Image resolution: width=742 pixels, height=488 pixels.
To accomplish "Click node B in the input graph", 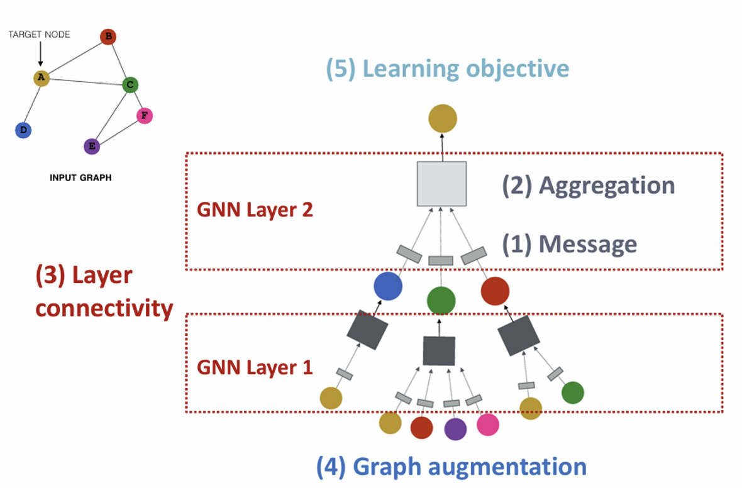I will [x=108, y=37].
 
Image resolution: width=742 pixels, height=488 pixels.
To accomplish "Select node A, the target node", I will [x=41, y=78].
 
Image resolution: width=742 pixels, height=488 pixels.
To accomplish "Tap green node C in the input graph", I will [x=130, y=84].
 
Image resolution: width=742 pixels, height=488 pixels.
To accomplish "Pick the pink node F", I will [x=145, y=116].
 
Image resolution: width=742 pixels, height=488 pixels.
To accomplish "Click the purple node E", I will [x=92, y=147].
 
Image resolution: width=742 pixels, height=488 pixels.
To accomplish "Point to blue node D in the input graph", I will [x=23, y=130].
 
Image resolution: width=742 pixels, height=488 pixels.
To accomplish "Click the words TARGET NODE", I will [x=39, y=35].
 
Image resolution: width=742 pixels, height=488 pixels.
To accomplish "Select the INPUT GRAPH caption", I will [x=80, y=178].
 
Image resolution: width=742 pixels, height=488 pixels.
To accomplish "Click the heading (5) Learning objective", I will [x=447, y=69].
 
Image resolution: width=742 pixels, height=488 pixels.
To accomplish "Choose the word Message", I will [x=587, y=244].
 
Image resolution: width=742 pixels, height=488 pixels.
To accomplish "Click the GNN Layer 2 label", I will [x=255, y=209].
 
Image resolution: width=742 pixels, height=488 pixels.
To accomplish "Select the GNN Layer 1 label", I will [x=255, y=367].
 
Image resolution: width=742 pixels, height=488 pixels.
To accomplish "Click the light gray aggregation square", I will [x=441, y=184].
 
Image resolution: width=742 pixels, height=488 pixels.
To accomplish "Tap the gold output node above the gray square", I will [x=443, y=118].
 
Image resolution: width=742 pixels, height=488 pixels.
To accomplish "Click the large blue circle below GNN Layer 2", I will [x=388, y=286].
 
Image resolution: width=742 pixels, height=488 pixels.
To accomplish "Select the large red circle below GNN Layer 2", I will [x=495, y=291].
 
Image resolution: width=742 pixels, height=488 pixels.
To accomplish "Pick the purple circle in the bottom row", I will [x=455, y=429].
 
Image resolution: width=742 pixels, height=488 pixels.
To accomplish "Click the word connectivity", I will [x=104, y=308].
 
